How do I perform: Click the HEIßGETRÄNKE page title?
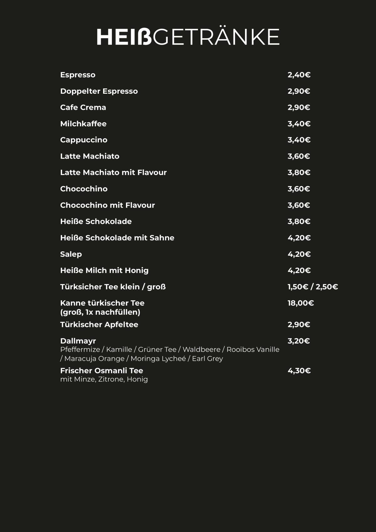pyautogui.click(x=188, y=36)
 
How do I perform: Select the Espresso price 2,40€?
pyautogui.click(x=299, y=75)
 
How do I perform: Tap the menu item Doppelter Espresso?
pyautogui.click(x=99, y=91)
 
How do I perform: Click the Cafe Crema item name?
pyautogui.click(x=83, y=108)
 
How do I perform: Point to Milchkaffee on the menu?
pyautogui.click(x=83, y=124)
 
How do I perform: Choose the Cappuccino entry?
pyautogui.click(x=84, y=140)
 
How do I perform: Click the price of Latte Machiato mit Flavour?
pyautogui.click(x=299, y=172)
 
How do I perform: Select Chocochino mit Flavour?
pyautogui.click(x=107, y=205)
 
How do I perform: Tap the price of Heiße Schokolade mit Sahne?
pyautogui.click(x=299, y=238)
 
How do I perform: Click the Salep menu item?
pyautogui.click(x=71, y=254)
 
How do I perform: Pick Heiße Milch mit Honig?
pyautogui.click(x=104, y=271)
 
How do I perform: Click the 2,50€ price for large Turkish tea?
pyautogui.click(x=327, y=287)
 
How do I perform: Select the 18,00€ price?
pyautogui.click(x=300, y=303)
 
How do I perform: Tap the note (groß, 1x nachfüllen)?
pyautogui.click(x=100, y=312)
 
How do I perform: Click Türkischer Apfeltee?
pyautogui.click(x=99, y=325)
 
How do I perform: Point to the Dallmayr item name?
pyautogui.click(x=78, y=341)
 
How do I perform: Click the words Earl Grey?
pyautogui.click(x=207, y=359)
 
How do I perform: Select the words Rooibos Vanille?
pyautogui.click(x=253, y=350)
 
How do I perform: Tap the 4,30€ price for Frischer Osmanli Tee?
pyautogui.click(x=299, y=371)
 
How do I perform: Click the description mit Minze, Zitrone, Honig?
pyautogui.click(x=104, y=379)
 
